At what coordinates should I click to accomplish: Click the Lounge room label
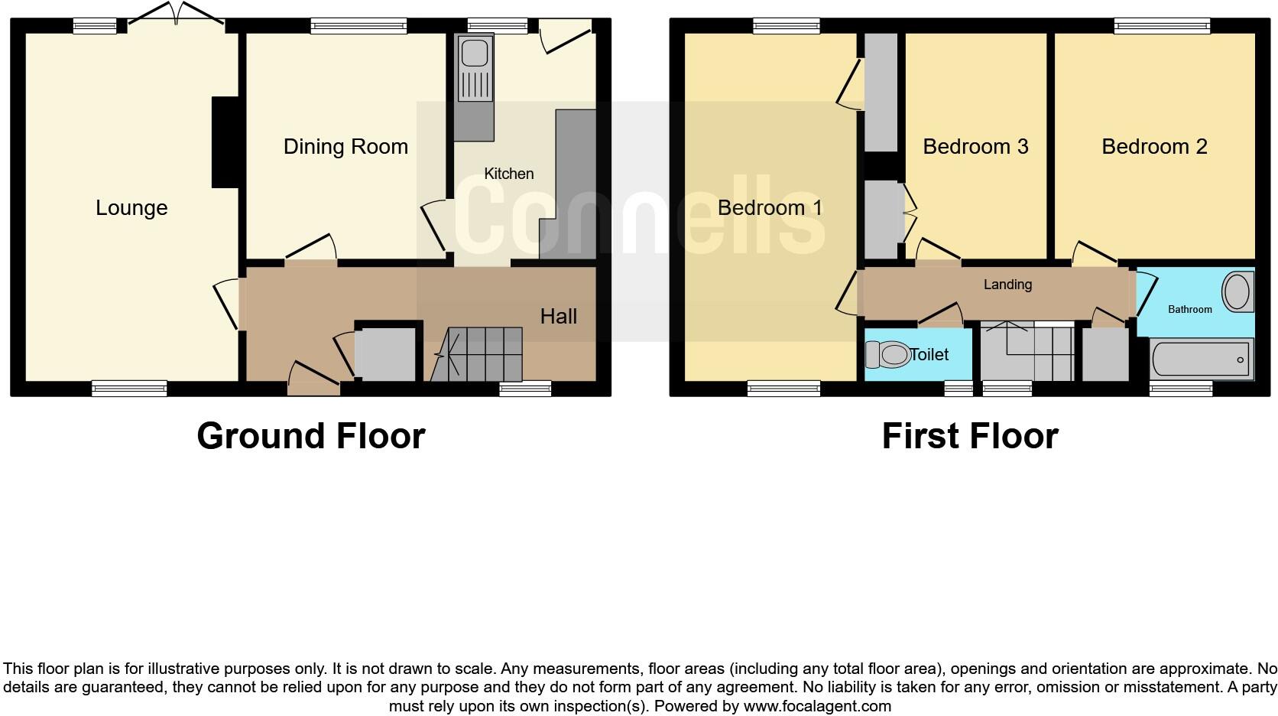(x=131, y=208)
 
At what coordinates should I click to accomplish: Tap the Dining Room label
(x=345, y=147)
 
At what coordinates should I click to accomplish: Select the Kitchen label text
(x=508, y=174)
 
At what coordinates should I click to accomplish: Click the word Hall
(x=558, y=317)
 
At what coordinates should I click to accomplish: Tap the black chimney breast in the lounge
(x=225, y=142)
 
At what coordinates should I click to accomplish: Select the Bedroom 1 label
(x=770, y=208)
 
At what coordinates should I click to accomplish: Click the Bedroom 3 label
(x=975, y=147)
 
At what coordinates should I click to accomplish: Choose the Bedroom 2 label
(x=1154, y=147)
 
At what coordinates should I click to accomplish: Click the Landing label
(x=1007, y=285)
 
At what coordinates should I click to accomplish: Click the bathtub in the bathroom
(x=1201, y=360)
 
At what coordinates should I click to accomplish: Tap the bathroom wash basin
(x=1237, y=293)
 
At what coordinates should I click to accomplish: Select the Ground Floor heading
(x=310, y=436)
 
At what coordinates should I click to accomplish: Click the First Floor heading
(x=969, y=436)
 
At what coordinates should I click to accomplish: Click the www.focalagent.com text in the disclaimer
(x=817, y=706)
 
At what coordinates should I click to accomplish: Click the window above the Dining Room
(x=358, y=27)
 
